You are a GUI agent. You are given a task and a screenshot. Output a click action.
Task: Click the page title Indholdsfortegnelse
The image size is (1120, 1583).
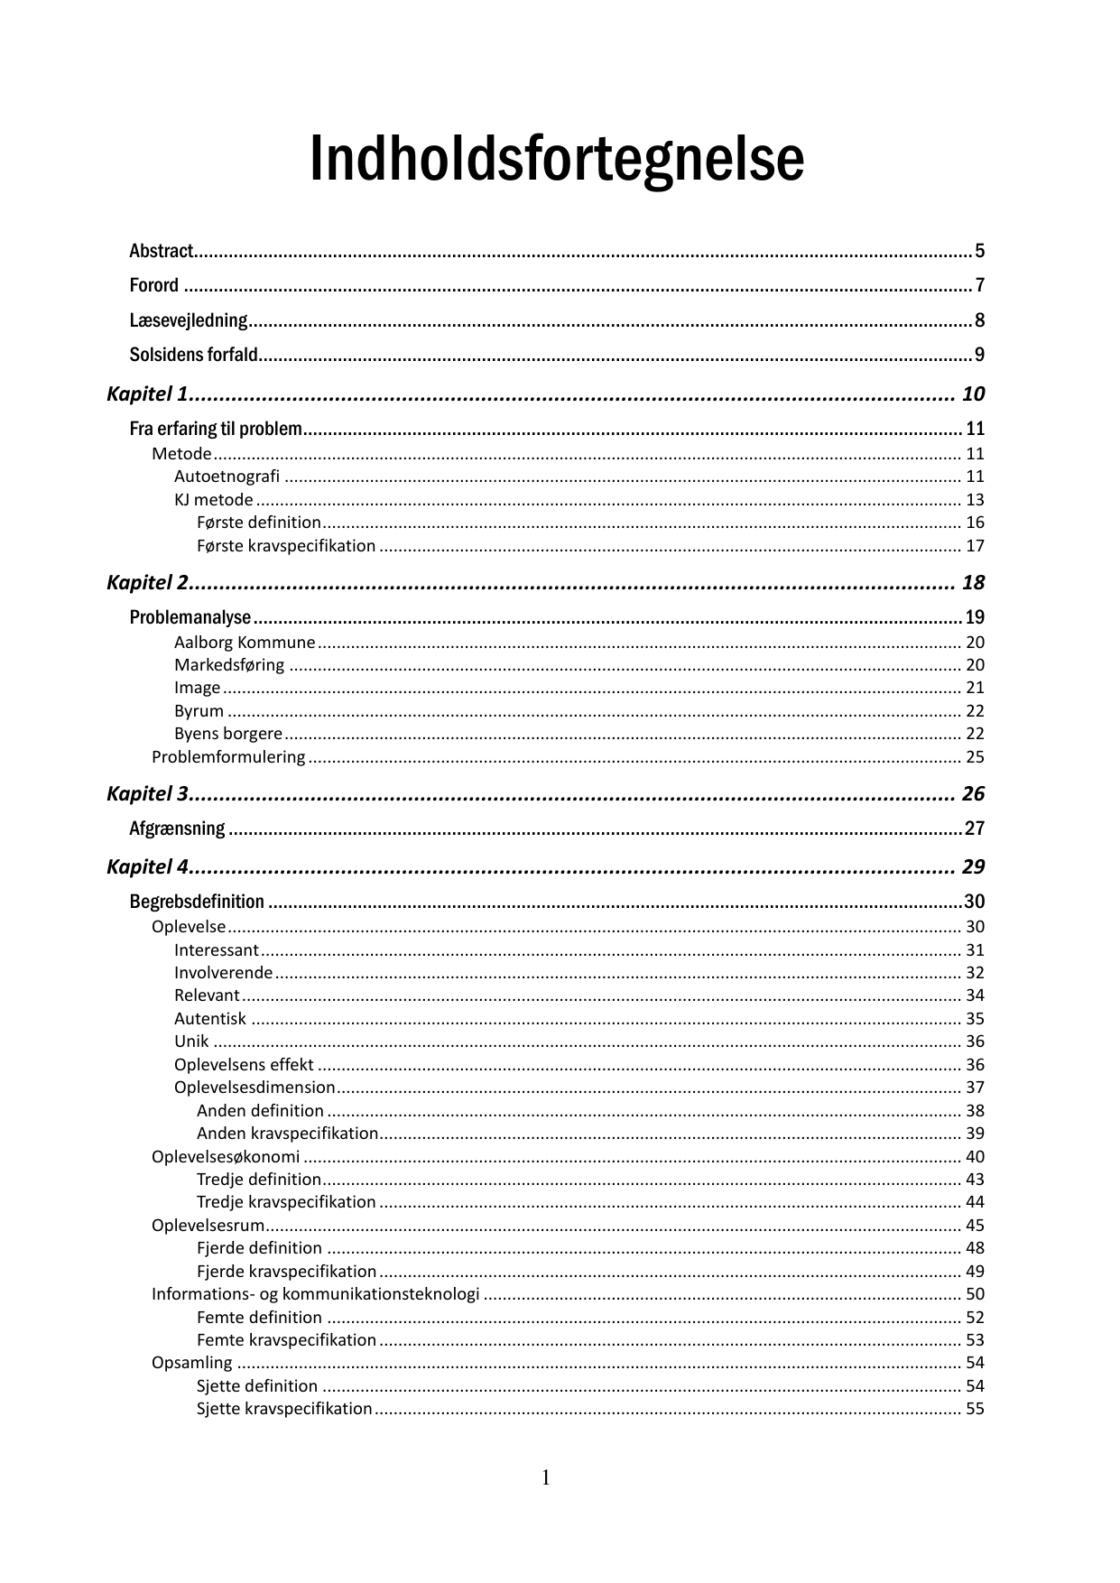[x=556, y=160]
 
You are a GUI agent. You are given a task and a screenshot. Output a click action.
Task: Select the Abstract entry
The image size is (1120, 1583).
[x=162, y=251]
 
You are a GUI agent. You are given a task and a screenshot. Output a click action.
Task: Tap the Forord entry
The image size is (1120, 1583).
[x=154, y=285]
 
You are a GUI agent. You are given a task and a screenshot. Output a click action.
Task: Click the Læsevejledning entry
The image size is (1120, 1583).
[x=188, y=320]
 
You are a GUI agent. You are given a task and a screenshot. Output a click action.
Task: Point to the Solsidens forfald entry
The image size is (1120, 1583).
[x=193, y=355]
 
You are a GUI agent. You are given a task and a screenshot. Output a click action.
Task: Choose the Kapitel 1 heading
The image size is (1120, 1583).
[x=147, y=393]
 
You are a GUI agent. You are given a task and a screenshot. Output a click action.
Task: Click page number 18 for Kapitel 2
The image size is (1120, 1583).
[x=973, y=583]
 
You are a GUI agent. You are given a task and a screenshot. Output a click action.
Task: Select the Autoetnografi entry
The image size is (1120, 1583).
[x=227, y=477]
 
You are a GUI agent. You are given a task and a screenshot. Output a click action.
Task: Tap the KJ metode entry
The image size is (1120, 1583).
[x=214, y=500]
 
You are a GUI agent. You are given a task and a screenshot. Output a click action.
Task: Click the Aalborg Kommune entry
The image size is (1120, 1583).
[x=245, y=643]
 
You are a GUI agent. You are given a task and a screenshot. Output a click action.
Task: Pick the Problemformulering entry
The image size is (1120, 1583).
[x=228, y=757]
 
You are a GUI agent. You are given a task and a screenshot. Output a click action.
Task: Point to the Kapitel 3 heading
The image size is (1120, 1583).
[x=147, y=794]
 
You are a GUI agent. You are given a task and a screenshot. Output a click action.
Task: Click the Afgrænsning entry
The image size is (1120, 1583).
[x=177, y=829]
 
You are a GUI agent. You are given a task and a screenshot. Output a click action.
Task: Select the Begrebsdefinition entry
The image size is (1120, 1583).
[x=197, y=902]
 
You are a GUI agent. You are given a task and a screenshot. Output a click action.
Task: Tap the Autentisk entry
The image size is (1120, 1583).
[x=210, y=1019]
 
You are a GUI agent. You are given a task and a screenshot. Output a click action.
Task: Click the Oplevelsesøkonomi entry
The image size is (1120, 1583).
[x=226, y=1157]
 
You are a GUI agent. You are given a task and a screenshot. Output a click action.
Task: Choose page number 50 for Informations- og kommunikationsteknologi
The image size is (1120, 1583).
[x=975, y=1294]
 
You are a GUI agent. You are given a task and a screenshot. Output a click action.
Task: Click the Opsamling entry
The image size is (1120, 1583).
[x=191, y=1363]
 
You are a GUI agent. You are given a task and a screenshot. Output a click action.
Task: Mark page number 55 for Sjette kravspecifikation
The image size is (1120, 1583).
[x=975, y=1409]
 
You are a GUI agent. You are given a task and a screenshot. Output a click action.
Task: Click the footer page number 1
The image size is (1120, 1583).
[x=546, y=1477]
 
